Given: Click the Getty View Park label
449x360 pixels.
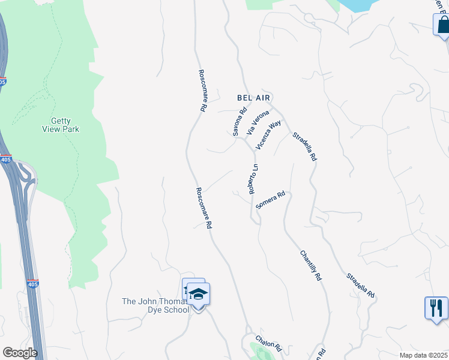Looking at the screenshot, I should (61, 125).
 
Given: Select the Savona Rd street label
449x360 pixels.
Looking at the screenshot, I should (240, 121).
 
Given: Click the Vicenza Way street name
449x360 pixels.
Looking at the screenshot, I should (268, 135).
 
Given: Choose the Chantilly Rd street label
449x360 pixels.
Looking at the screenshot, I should (312, 266).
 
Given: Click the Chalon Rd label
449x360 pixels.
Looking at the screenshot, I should (268, 343).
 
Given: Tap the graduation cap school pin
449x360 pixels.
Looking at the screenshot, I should (197, 295).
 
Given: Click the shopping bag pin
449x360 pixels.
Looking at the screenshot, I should (442, 26).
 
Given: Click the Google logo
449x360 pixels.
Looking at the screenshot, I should (20, 353).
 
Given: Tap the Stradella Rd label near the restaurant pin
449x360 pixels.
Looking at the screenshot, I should (360, 286).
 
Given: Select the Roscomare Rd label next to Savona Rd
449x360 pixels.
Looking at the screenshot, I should (203, 91).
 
